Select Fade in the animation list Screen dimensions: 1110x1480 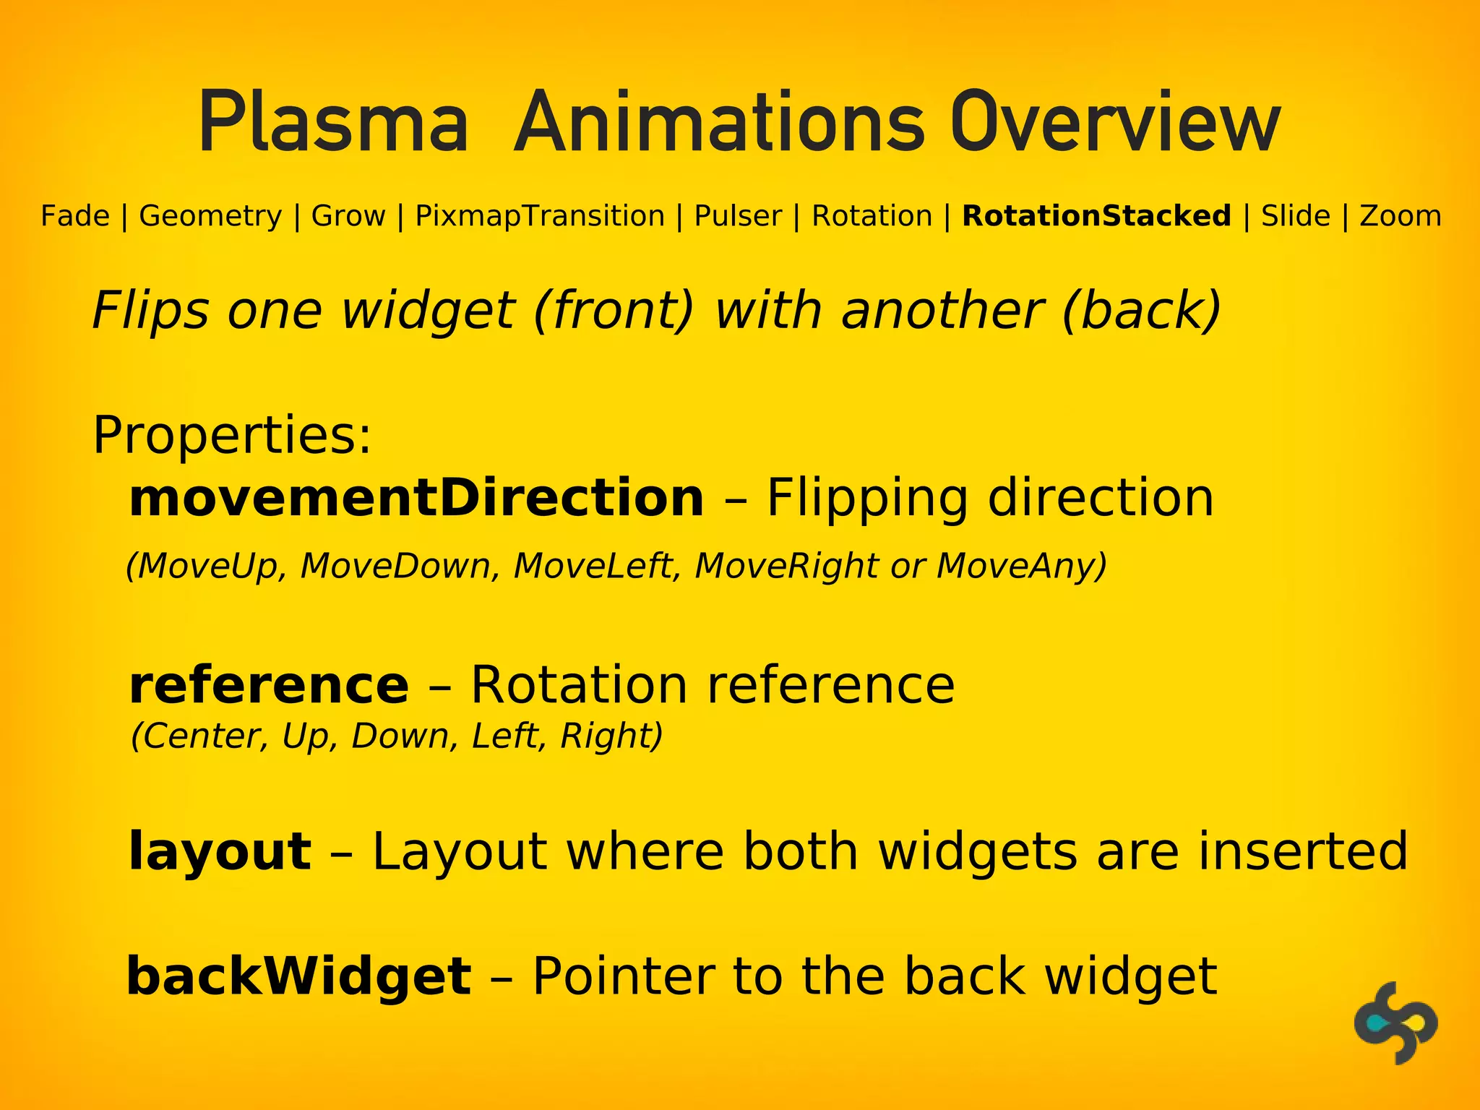[75, 216]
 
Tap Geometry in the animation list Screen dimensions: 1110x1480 [210, 216]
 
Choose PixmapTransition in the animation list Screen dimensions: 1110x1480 [540, 216]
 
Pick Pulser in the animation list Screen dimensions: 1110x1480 [738, 216]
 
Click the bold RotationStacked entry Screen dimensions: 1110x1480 [1096, 216]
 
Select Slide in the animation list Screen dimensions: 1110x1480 [1296, 216]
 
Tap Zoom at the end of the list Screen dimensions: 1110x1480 [1401, 216]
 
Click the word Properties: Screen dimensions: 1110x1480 [232, 436]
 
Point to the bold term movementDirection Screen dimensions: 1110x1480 [416, 498]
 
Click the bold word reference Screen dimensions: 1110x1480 [269, 685]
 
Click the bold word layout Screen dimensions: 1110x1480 [220, 851]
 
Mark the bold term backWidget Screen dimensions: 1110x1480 [299, 976]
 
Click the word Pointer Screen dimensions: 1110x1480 [622, 976]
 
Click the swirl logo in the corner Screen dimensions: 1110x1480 [1395, 1022]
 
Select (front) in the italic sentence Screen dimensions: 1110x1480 [614, 311]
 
